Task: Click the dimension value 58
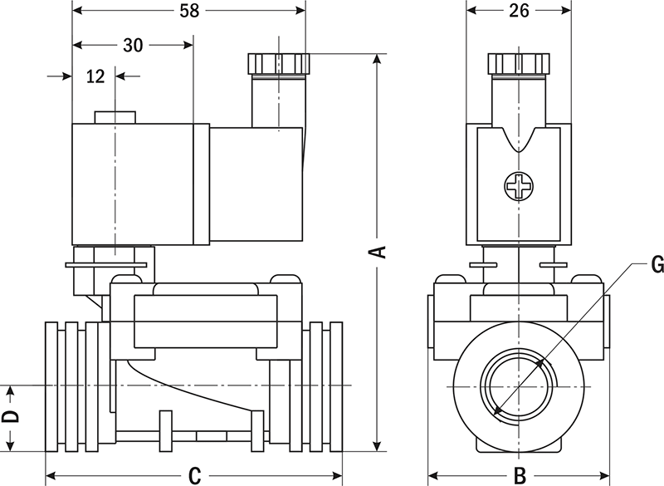pos(189,11)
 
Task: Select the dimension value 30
pos(132,45)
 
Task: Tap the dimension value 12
pos(95,76)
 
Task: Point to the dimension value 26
pos(519,11)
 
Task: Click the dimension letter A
pos(378,251)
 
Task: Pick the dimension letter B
pos(519,476)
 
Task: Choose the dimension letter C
pos(193,476)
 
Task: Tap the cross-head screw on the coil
pos(519,186)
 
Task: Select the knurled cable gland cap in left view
pos(278,63)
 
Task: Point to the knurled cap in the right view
pos(519,63)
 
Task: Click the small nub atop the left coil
pos(113,117)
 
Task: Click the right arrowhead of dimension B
pos(605,476)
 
